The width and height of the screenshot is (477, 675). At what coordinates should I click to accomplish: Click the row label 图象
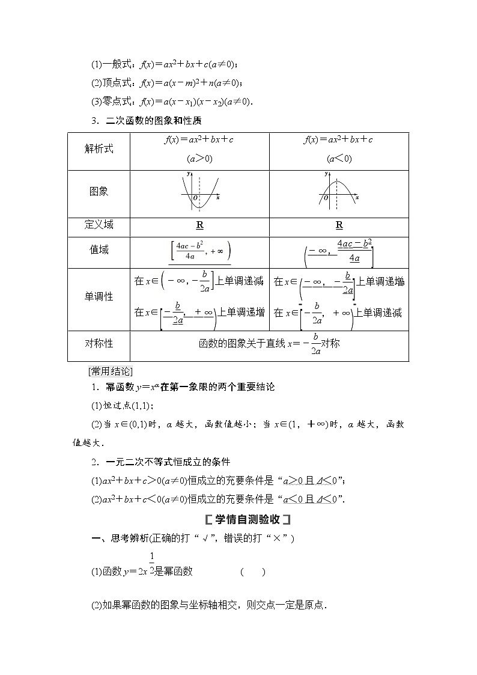[99, 192]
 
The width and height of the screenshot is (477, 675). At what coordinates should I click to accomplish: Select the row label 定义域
[99, 225]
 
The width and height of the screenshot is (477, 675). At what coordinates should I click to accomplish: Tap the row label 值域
[99, 249]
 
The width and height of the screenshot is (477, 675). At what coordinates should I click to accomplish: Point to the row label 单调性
[99, 296]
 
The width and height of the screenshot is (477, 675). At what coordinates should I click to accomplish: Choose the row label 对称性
[99, 343]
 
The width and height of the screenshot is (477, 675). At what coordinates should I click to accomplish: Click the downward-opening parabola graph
[338, 191]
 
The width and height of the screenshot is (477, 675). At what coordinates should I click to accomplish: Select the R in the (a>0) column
[199, 225]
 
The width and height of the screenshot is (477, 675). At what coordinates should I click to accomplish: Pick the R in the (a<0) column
[339, 225]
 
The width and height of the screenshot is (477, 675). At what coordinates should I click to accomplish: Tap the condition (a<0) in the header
[339, 159]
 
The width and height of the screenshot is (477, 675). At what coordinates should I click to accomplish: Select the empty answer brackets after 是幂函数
[253, 572]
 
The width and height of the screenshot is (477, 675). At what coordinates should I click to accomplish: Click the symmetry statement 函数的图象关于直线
[269, 344]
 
